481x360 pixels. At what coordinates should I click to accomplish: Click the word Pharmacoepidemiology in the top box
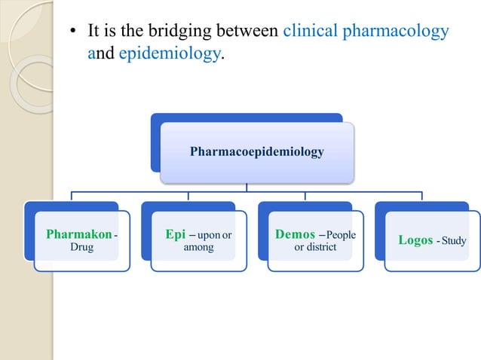[x=256, y=152]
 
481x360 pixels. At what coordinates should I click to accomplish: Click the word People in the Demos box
[x=341, y=235]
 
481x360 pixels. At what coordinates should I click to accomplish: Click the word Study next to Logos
[x=454, y=241]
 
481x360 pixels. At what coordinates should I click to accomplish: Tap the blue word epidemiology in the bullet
[x=171, y=54]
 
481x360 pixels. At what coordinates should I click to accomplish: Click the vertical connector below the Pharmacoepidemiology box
[x=246, y=188]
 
